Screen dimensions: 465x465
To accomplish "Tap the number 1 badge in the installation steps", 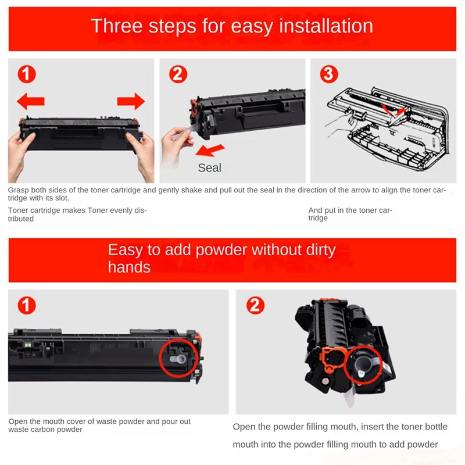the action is (x=27, y=74).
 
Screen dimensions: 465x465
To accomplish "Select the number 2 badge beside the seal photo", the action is (x=178, y=74).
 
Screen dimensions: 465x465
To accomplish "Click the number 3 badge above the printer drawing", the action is (x=329, y=74).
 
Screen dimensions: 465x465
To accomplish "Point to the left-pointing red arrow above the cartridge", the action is (x=31, y=101).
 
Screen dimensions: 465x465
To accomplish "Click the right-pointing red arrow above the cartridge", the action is (x=131, y=101).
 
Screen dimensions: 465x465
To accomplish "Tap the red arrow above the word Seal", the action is (x=210, y=150).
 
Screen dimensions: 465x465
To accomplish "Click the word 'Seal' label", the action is (x=209, y=168).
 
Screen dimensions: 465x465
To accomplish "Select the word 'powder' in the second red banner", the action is (x=221, y=250).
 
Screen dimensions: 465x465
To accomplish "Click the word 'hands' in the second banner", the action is (x=129, y=267).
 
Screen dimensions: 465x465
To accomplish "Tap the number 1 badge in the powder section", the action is (x=27, y=306).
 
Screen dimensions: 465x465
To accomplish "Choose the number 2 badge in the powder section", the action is (x=255, y=306).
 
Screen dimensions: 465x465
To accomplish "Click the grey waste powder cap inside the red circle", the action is (x=178, y=359).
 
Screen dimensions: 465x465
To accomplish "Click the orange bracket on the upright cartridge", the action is (x=333, y=359).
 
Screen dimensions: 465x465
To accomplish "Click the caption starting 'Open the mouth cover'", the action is (x=99, y=425).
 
